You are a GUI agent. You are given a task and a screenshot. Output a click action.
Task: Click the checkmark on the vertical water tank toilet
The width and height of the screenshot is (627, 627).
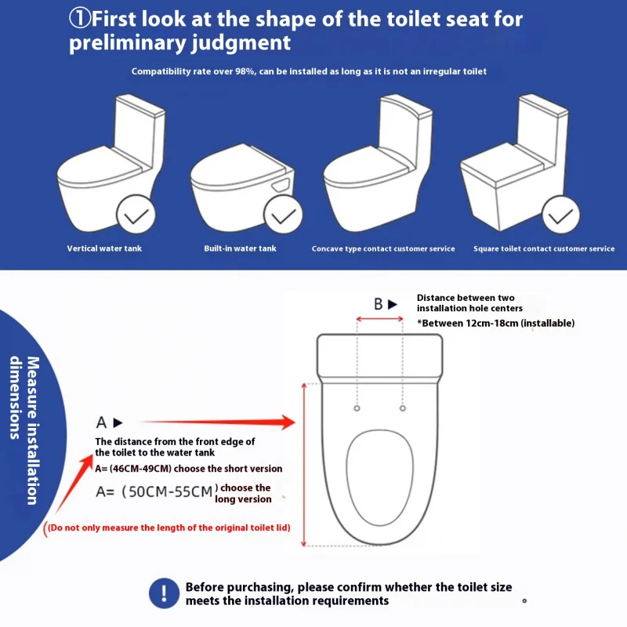(136, 215)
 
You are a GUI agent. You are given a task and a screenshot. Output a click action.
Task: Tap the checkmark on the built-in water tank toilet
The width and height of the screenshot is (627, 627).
(283, 214)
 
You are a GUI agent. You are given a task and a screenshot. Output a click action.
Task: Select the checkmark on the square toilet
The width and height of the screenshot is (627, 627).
(560, 215)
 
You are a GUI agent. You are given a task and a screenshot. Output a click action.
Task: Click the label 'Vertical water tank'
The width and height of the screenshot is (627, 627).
(104, 248)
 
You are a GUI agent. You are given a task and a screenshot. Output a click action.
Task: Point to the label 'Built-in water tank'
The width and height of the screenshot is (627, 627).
(240, 248)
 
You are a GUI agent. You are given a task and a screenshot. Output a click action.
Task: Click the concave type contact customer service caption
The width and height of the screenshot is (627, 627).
(383, 248)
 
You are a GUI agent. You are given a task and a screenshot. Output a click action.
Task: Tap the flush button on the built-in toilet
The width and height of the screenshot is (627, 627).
(281, 185)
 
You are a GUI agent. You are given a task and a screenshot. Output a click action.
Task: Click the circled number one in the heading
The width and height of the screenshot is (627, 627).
(80, 18)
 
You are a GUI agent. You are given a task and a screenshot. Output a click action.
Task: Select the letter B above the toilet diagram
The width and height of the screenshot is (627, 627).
(379, 304)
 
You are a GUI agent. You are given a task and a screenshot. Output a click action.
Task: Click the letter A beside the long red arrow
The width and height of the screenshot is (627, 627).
(101, 422)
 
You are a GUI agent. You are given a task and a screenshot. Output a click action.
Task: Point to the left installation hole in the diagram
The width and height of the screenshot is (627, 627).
(357, 408)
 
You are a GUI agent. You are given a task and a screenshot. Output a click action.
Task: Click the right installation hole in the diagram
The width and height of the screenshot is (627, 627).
(403, 408)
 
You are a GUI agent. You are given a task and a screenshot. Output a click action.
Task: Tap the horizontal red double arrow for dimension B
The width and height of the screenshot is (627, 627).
(379, 319)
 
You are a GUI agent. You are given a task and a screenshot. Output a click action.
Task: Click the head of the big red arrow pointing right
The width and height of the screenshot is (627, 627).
(288, 422)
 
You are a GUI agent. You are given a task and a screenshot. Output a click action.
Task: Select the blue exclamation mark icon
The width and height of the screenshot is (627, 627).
(164, 593)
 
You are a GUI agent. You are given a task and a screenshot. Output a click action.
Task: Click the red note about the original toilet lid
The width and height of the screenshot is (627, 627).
(167, 528)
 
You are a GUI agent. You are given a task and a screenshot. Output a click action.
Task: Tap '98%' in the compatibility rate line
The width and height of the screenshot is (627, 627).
(245, 71)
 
